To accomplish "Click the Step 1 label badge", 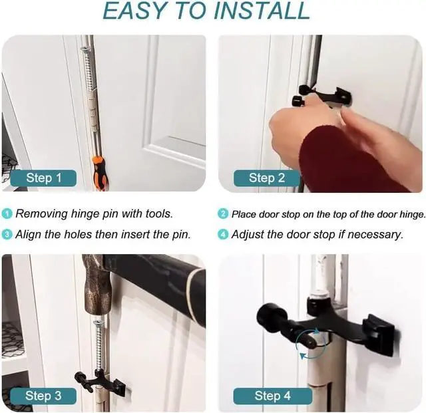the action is point(43,178).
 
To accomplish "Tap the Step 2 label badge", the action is point(267,178).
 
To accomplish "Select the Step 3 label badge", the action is point(43,396).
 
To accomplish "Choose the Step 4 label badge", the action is point(272,396).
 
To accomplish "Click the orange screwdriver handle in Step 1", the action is point(100,173).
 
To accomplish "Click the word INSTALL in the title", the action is point(262,11).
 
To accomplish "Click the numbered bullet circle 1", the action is point(7,213).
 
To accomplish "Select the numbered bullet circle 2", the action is point(223,213).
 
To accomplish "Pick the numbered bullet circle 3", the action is point(7,235).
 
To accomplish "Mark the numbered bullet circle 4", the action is point(223,235).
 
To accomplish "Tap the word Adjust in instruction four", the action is point(248,235).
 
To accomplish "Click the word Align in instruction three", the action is point(28,235).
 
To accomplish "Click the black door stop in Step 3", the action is point(100,382).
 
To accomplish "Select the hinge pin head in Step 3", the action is point(97,323).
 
